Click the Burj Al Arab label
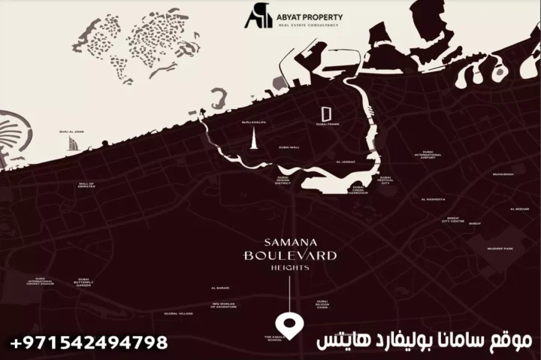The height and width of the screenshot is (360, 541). [70, 133]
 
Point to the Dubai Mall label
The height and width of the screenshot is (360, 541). [289, 147]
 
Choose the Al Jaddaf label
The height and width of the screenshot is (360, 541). [347, 162]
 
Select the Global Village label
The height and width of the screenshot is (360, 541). [179, 313]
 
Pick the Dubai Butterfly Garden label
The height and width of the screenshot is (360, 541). [84, 282]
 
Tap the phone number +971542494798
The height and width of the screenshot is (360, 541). [89, 343]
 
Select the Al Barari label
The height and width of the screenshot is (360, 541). [220, 288]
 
